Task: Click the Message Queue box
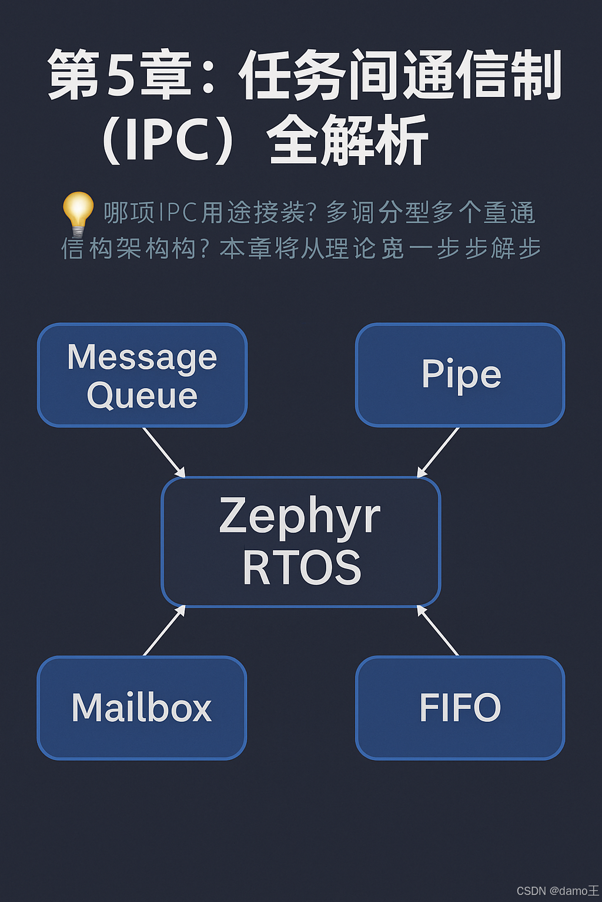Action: pos(142,375)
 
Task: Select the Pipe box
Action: pos(460,375)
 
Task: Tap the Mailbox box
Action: pos(142,708)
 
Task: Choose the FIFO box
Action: pos(460,708)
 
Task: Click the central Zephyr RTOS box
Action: pos(301,541)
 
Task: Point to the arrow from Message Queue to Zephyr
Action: pos(164,452)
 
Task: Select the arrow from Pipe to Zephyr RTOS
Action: pos(438,452)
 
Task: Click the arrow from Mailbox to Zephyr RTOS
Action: pos(165,630)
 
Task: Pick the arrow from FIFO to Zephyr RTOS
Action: pos(438,630)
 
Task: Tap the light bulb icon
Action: pos(78,213)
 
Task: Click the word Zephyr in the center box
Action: pos(300,516)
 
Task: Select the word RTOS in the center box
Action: pos(302,568)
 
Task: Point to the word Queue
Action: pos(142,395)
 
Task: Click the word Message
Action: pos(142,357)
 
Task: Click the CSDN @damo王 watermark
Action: pos(557,891)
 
